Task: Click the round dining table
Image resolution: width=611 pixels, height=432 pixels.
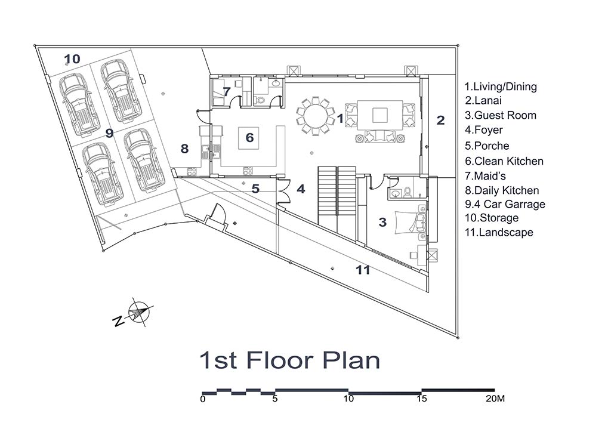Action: [315, 116]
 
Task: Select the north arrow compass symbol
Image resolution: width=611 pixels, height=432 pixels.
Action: [138, 313]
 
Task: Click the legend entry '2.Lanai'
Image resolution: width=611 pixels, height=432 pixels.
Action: [483, 100]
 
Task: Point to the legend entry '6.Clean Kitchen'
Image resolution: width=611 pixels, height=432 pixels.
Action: [504, 161]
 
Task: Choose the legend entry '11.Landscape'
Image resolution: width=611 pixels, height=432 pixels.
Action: [499, 232]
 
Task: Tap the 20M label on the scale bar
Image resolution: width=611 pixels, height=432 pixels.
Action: [495, 399]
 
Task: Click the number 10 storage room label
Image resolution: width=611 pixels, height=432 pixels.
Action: [72, 59]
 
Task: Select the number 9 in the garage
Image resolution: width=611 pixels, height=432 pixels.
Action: [110, 133]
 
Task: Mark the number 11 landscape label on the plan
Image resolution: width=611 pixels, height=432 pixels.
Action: [363, 270]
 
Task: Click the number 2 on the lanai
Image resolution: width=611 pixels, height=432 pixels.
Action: [440, 120]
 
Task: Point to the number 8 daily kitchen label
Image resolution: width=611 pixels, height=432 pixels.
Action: [185, 149]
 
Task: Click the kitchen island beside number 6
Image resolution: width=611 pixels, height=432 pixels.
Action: [249, 138]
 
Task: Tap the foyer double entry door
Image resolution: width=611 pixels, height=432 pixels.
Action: [285, 191]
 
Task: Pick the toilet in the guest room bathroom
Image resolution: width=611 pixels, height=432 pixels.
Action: [407, 192]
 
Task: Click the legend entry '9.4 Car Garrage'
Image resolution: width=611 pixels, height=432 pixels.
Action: [505, 204]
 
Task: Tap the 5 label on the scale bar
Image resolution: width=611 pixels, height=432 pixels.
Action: [275, 399]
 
